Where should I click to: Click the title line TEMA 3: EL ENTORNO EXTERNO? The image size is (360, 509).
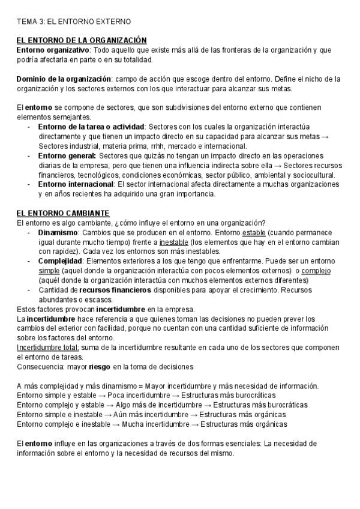[x=73, y=22]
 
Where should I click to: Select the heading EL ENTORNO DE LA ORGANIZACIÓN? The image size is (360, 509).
[x=82, y=40]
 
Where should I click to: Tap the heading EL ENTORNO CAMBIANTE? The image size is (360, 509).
[x=62, y=213]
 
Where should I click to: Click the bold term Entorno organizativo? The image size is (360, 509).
[x=53, y=50]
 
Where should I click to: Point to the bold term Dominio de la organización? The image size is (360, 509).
[x=64, y=79]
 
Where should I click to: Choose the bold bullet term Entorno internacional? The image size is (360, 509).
[x=76, y=184]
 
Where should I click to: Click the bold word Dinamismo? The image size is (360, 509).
[x=58, y=232]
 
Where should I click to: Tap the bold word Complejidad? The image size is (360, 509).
[x=59, y=261]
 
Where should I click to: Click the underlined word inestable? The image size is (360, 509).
[x=173, y=242]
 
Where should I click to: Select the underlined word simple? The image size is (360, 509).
[x=49, y=271]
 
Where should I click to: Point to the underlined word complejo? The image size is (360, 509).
[x=315, y=271]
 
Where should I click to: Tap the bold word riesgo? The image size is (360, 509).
[x=100, y=367]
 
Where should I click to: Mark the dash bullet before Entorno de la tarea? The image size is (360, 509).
[x=29, y=127]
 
